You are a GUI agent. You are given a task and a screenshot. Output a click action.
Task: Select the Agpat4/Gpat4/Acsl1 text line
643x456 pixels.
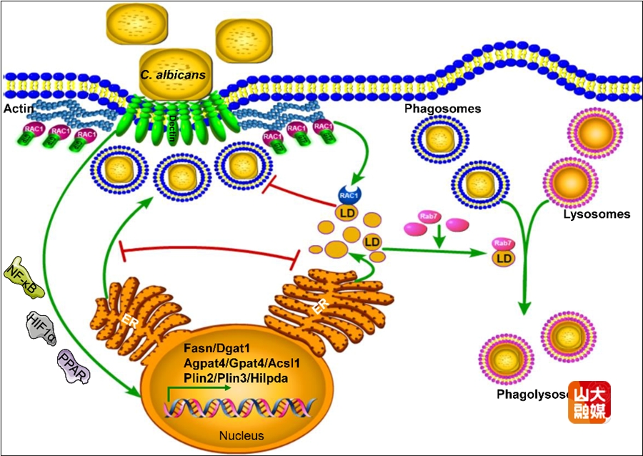click(241, 363)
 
